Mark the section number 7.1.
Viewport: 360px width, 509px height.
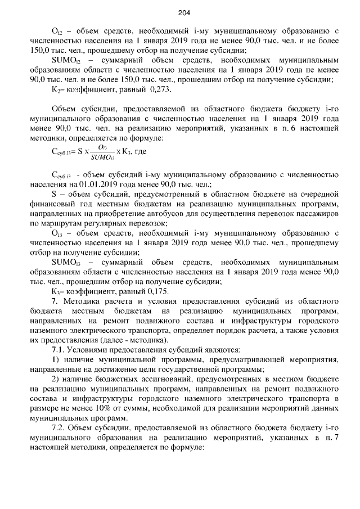[x=57, y=349]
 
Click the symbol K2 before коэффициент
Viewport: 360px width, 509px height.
[x=56, y=89]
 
